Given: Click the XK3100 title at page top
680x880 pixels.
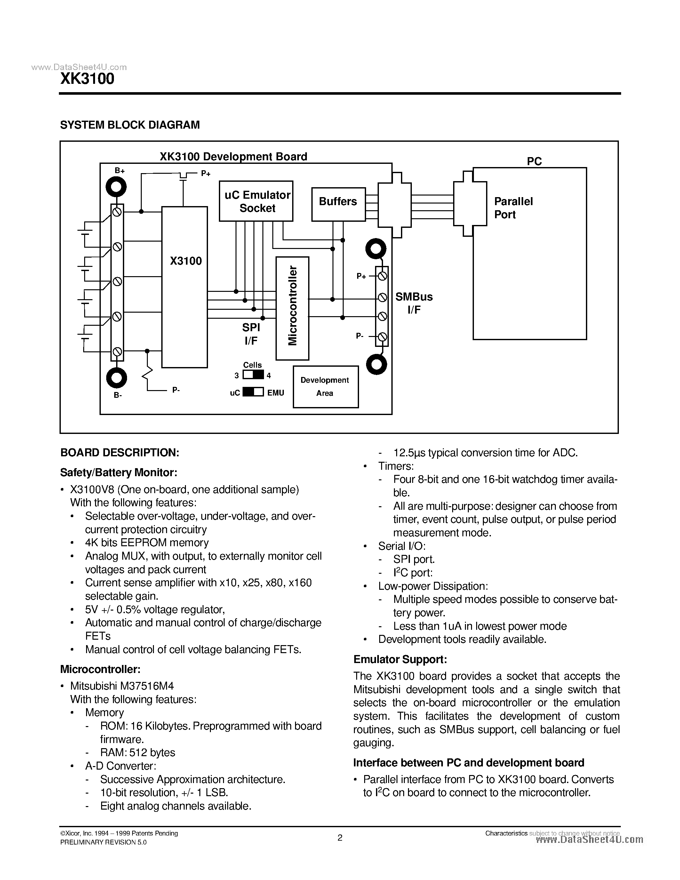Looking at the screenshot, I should click(87, 79).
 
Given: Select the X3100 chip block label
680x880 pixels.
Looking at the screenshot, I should click(185, 261).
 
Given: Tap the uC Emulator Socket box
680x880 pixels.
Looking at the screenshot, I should click(256, 201).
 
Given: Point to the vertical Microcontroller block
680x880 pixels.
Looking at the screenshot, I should click(292, 308).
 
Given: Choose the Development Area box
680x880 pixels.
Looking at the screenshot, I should click(325, 387).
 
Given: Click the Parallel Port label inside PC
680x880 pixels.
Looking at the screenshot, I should click(513, 208).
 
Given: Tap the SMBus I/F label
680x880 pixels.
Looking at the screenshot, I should click(414, 303).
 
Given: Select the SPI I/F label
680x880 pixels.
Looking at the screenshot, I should click(251, 334).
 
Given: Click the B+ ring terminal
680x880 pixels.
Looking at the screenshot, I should click(116, 187).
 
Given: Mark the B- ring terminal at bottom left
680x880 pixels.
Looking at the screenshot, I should click(116, 378).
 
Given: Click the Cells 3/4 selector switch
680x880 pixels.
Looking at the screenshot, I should click(253, 375).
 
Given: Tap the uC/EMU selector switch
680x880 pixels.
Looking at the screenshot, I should click(253, 392).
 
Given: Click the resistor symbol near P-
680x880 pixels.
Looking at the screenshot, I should click(148, 373).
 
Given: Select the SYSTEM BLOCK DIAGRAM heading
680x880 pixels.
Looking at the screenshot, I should click(130, 125).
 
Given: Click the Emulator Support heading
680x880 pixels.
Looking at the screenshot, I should click(400, 660).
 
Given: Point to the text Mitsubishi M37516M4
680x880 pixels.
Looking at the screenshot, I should click(122, 686).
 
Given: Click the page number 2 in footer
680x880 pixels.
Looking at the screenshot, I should click(340, 838).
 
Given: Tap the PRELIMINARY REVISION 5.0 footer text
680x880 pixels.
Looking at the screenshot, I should click(103, 843).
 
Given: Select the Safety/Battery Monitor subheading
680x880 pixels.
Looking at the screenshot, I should click(118, 472).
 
